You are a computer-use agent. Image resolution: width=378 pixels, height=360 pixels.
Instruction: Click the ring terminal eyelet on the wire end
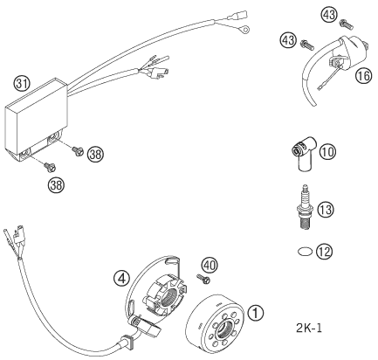pyautogui.click(x=248, y=30)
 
